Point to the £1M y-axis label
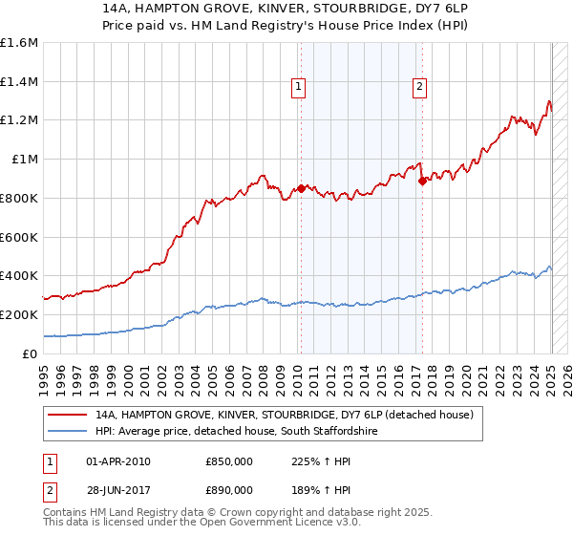(x=22, y=160)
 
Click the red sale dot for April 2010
(x=301, y=188)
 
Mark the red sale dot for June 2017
(x=423, y=181)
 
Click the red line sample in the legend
(x=68, y=416)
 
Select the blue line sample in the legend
(x=68, y=432)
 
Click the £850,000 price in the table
(x=229, y=461)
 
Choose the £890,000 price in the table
(x=229, y=492)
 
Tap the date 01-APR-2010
(x=118, y=461)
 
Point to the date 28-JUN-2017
(x=118, y=492)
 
